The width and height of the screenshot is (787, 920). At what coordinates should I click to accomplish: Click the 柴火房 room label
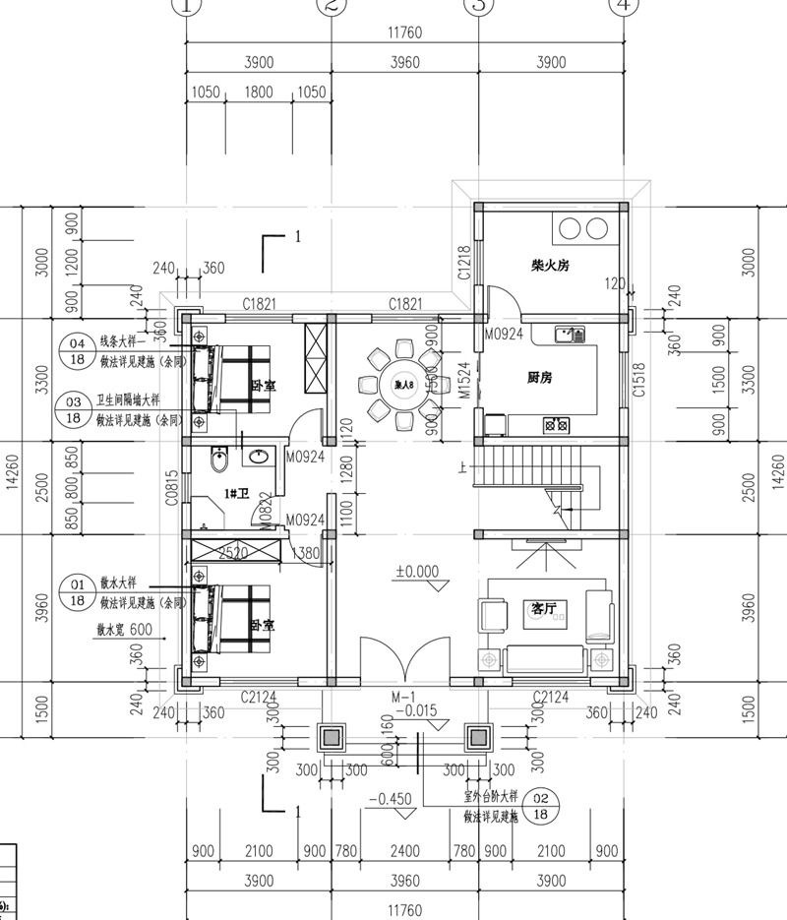click(x=551, y=266)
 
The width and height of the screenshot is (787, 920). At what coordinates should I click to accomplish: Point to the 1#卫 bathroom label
click(x=237, y=493)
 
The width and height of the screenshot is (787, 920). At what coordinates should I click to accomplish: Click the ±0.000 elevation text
click(x=417, y=571)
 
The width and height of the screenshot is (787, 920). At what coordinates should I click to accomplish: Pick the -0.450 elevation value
click(x=393, y=799)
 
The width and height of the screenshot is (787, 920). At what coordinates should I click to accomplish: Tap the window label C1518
click(x=639, y=379)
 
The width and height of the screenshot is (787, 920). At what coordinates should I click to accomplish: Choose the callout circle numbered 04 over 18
click(x=75, y=351)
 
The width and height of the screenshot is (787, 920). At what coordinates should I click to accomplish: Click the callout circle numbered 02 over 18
click(x=540, y=806)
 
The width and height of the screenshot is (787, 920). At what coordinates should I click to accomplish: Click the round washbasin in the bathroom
click(x=261, y=458)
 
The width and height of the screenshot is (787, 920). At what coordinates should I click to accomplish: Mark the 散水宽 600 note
click(x=124, y=630)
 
